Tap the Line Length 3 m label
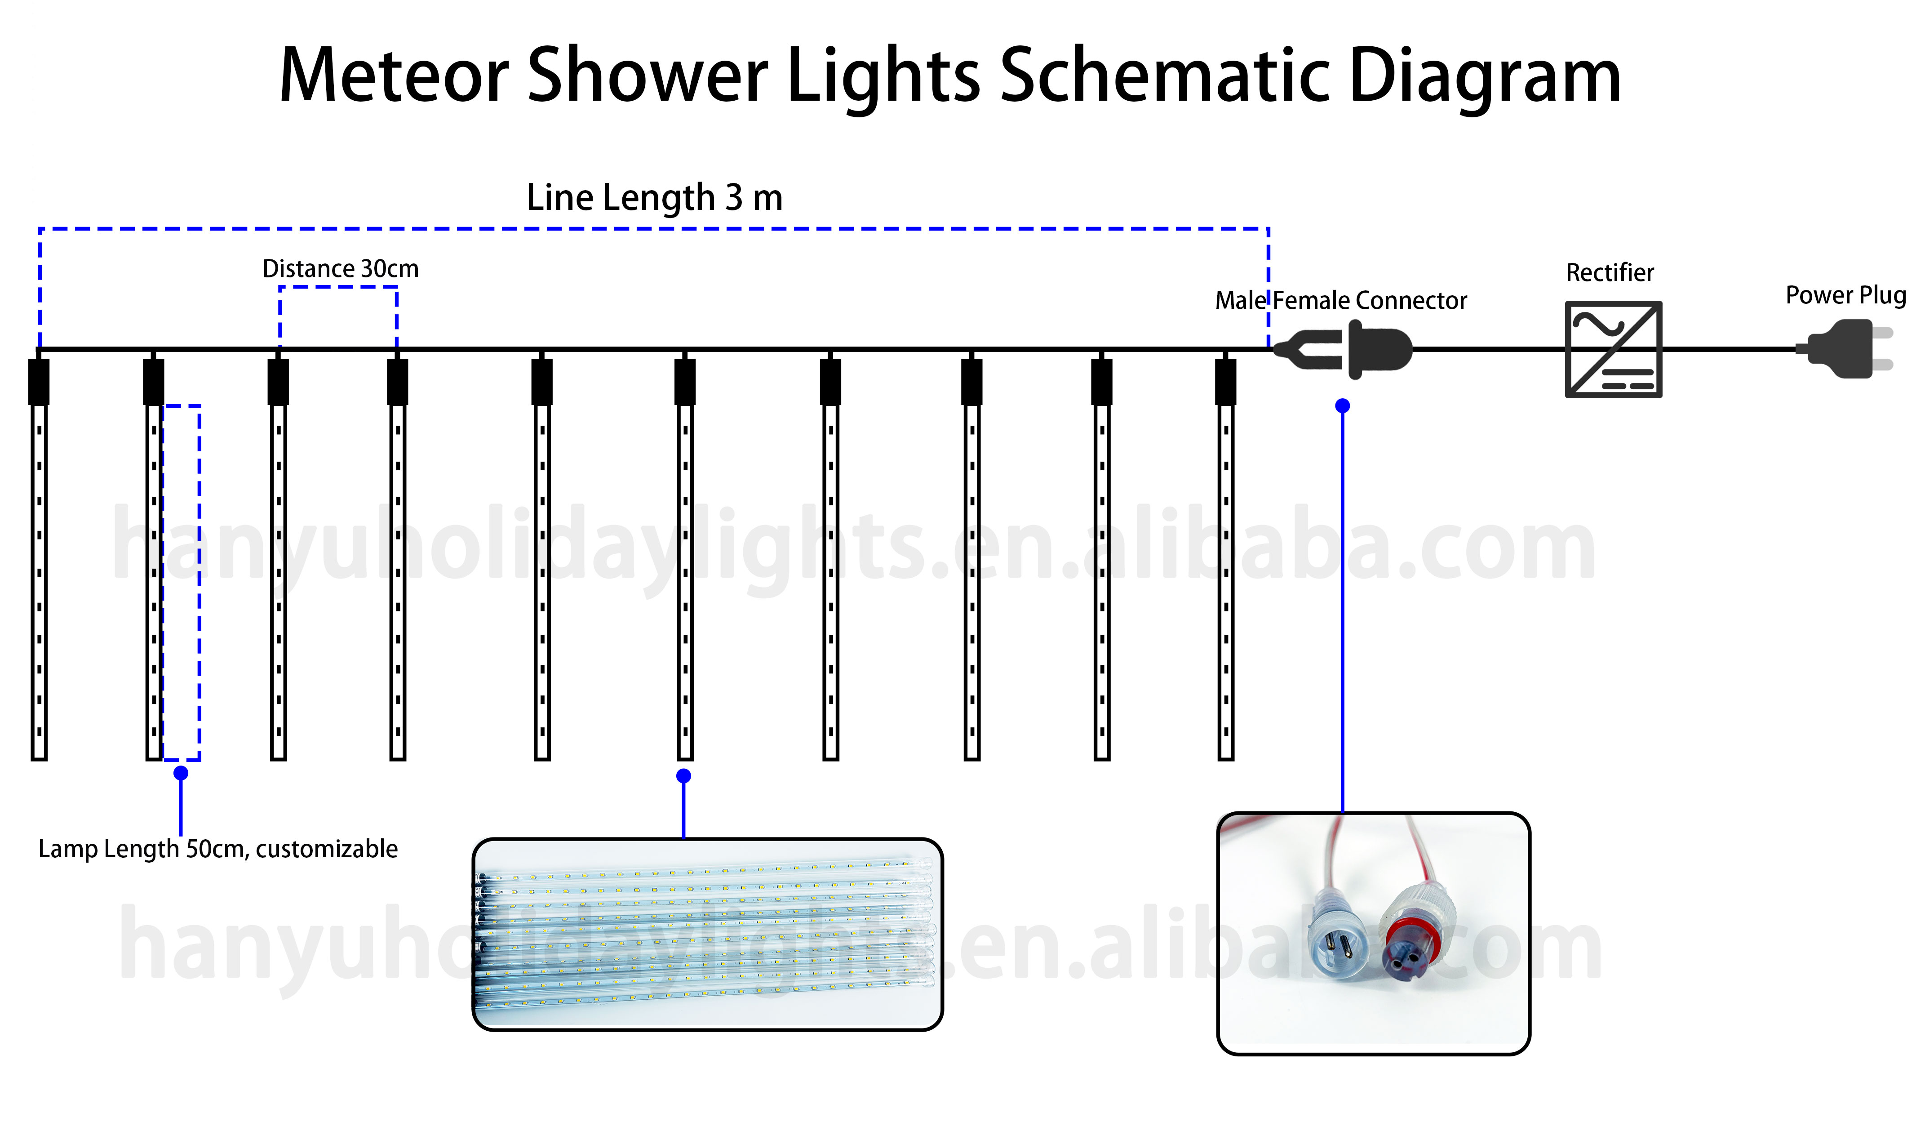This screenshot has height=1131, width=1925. click(x=655, y=198)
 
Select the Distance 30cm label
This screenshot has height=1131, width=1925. click(x=341, y=269)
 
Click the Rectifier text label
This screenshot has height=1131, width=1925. click(x=1610, y=273)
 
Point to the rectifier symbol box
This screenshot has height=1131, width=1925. click(x=1613, y=349)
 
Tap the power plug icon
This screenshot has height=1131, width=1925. click(x=1849, y=349)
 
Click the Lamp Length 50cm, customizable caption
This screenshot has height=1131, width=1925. click(x=217, y=849)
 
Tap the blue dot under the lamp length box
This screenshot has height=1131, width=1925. click(x=181, y=773)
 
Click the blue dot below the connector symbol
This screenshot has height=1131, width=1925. click(x=1342, y=406)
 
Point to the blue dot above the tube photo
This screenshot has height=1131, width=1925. click(x=684, y=776)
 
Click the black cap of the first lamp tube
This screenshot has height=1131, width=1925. click(x=39, y=382)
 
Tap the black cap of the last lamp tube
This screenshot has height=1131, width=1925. click(x=1225, y=382)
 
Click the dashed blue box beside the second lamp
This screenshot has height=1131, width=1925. click(x=182, y=582)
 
